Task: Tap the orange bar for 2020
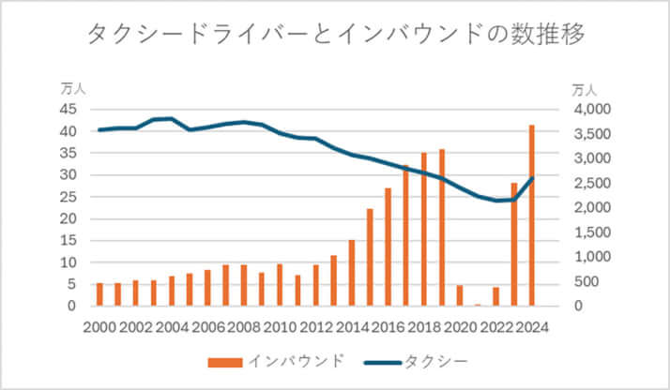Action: (x=460, y=295)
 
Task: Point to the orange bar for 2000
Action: (x=99, y=294)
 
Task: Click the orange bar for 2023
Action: (x=514, y=245)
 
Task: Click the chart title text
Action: (x=335, y=36)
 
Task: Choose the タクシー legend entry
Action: (x=423, y=361)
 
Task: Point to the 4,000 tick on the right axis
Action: (x=592, y=110)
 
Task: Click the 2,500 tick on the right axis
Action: (x=592, y=183)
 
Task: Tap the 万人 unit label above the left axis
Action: (x=73, y=90)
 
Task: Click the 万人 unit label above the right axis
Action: (x=584, y=90)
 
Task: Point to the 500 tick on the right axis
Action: (x=597, y=281)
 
